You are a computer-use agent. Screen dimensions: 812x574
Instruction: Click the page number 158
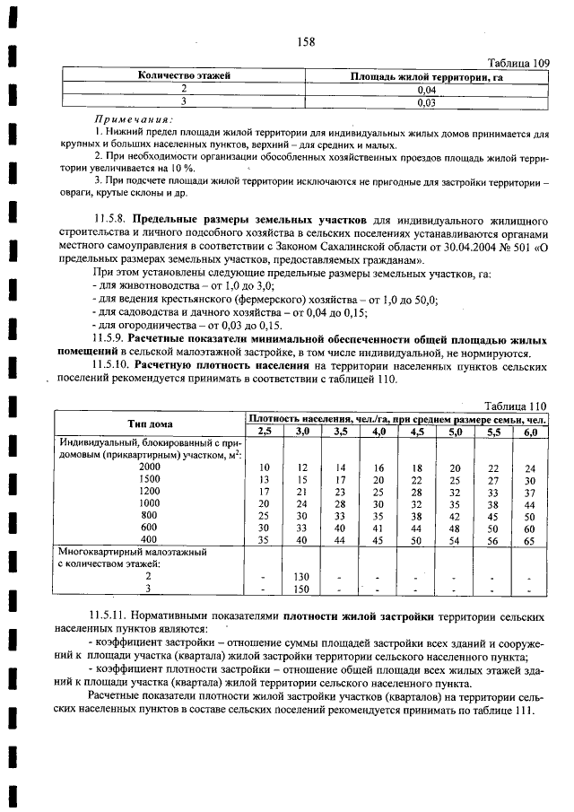coord(300,40)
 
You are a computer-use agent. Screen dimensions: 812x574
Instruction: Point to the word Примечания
coord(135,118)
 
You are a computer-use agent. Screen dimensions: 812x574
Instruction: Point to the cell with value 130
coord(302,577)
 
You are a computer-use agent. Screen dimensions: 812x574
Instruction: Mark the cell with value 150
coord(302,589)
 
